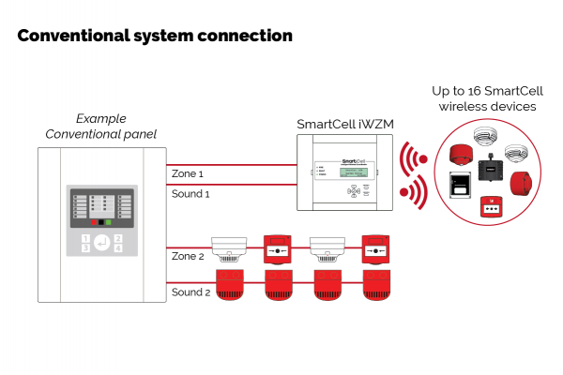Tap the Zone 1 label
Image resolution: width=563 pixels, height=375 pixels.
[187, 174]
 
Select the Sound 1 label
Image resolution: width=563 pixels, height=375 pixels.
[190, 194]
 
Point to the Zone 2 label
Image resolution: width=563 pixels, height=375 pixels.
[188, 256]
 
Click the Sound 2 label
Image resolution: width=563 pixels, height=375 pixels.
[190, 292]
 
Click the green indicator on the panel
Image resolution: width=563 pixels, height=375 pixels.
[109, 223]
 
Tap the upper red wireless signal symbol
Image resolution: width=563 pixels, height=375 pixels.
[410, 159]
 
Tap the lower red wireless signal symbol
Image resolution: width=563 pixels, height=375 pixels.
[410, 192]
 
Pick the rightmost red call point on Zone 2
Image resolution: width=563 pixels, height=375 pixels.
[375, 250]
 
